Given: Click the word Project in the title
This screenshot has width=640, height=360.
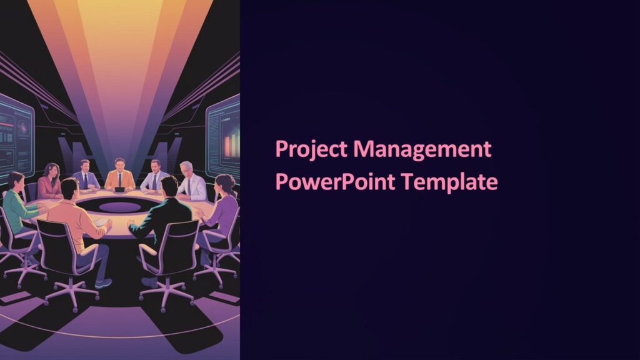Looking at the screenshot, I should click(311, 151).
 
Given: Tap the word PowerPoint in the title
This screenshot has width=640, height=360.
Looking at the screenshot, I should click(334, 182).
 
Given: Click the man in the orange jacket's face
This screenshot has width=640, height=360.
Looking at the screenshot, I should click(119, 164).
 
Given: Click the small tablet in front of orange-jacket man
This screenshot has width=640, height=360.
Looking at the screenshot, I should click(120, 189).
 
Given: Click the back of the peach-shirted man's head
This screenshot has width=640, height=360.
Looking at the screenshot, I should click(70, 188).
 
